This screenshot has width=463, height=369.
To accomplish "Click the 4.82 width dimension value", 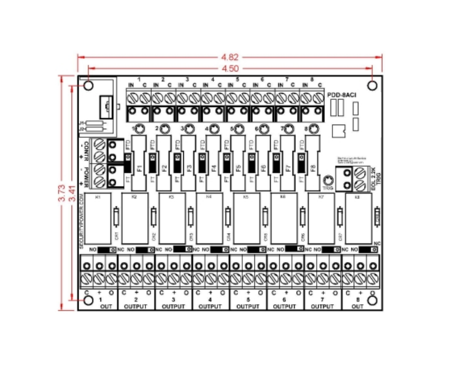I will [229, 57].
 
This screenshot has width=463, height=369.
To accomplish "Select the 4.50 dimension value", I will [229, 68].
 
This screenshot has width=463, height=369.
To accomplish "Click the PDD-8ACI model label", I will [342, 95].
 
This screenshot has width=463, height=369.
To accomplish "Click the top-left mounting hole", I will [88, 86].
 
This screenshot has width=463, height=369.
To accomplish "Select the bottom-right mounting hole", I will [372, 301].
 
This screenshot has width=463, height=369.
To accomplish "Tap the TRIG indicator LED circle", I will [328, 180].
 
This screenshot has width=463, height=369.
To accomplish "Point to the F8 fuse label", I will [312, 168].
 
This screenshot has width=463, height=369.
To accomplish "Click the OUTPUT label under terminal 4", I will [210, 307].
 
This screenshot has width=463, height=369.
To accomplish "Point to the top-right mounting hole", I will [372, 86].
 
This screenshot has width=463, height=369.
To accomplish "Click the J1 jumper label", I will [81, 123].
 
